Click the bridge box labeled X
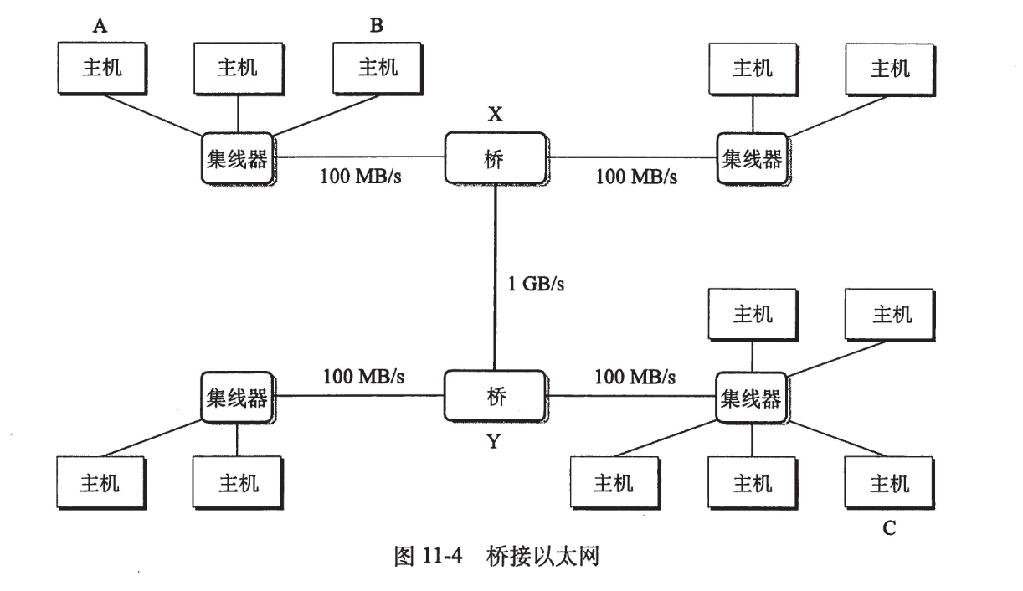coord(495,157)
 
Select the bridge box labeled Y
coord(495,396)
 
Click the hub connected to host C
coord(751,397)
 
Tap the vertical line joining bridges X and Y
coord(496,276)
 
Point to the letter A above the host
coord(100,25)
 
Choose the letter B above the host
coord(377,25)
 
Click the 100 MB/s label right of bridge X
coord(636,177)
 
